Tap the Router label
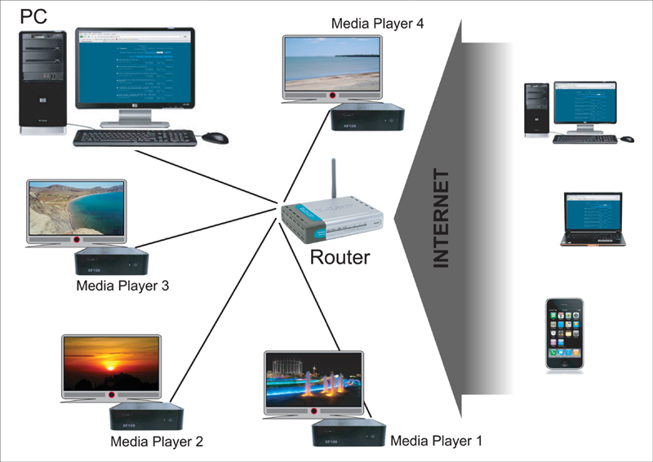pos(340,258)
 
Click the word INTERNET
pos(442,218)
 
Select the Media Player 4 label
pos(377,23)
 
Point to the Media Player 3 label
pos(122,286)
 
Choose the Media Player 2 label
pos(156,442)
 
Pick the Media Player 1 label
pos(437,441)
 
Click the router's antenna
pos(333,181)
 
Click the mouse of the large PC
pos(215,137)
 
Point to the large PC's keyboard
pos(135,138)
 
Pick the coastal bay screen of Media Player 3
pos(77,207)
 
